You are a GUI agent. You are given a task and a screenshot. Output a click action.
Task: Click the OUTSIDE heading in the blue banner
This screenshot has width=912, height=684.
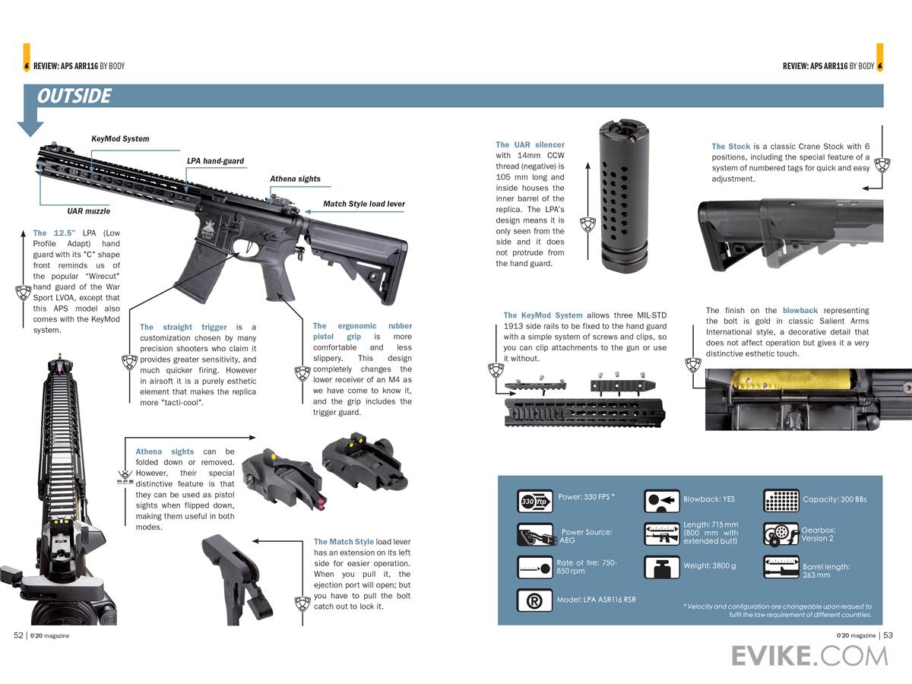tap(74, 97)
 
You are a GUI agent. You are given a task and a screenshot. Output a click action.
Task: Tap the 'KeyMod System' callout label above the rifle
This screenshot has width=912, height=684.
tap(120, 139)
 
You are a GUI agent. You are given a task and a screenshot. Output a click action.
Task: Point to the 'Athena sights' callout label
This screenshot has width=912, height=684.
tap(295, 179)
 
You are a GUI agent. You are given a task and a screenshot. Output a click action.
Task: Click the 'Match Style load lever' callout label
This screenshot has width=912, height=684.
tap(363, 204)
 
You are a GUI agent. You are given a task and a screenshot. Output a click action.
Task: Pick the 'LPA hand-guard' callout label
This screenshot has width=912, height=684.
tap(215, 161)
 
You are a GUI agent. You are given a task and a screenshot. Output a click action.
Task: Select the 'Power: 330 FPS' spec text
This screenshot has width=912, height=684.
tap(586, 497)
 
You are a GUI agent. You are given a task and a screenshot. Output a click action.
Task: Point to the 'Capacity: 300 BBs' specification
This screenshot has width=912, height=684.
tap(834, 499)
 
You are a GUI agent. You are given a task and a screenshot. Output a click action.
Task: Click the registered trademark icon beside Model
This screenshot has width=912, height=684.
tap(534, 600)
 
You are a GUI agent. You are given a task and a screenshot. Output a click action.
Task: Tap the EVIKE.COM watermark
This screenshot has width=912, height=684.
tap(809, 654)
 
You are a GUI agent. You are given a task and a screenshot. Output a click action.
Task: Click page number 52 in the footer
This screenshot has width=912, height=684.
tap(19, 635)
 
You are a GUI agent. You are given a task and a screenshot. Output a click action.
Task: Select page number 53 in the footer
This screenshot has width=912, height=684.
tap(888, 635)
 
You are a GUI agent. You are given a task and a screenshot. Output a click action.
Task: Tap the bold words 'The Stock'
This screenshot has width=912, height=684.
tap(730, 147)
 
